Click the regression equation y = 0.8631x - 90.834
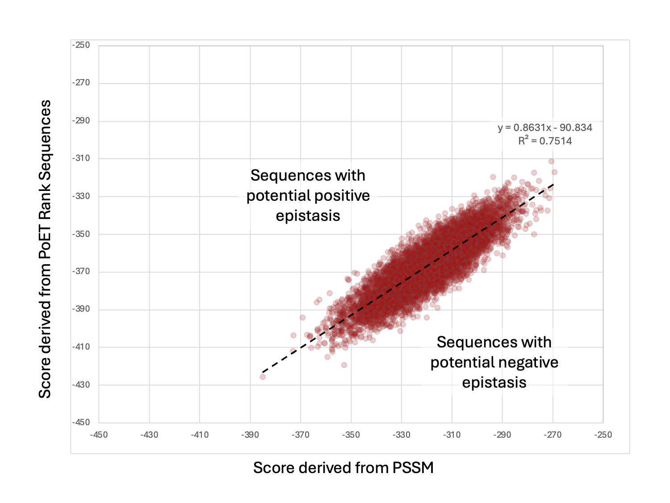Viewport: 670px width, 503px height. (x=545, y=128)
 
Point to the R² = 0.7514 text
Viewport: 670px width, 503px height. (x=545, y=141)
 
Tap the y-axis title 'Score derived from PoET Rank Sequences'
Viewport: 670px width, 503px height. (x=45, y=249)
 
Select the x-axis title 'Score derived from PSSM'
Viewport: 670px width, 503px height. (x=343, y=468)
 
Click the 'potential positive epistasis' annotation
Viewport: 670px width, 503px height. (x=308, y=195)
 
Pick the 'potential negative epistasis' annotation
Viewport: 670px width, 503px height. (x=494, y=362)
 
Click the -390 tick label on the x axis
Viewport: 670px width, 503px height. (x=250, y=435)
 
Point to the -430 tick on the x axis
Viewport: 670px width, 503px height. (x=149, y=435)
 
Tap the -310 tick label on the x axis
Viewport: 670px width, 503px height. (x=452, y=435)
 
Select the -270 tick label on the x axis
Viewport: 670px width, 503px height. (x=553, y=435)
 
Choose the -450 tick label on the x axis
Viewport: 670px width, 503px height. (x=99, y=435)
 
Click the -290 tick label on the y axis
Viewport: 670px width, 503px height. (x=81, y=121)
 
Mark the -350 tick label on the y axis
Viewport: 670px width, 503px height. (x=81, y=234)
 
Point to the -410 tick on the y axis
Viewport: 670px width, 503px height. (x=81, y=347)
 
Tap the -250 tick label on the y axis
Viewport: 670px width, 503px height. (x=81, y=45)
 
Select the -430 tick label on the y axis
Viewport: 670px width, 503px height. (x=81, y=385)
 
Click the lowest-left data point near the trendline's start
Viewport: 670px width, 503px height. (x=263, y=377)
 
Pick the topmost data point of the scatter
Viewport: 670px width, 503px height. (x=551, y=161)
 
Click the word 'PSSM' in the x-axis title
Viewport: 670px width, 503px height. (x=413, y=468)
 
